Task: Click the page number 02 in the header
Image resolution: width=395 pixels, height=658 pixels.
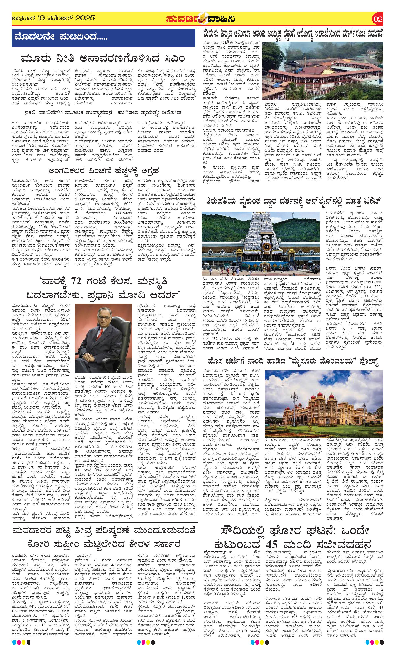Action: [378, 19]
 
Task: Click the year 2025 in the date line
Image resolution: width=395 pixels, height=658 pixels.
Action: [85, 18]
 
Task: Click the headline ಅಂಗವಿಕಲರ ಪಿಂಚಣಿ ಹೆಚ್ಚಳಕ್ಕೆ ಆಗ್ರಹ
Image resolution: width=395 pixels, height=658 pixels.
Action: [104, 171]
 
